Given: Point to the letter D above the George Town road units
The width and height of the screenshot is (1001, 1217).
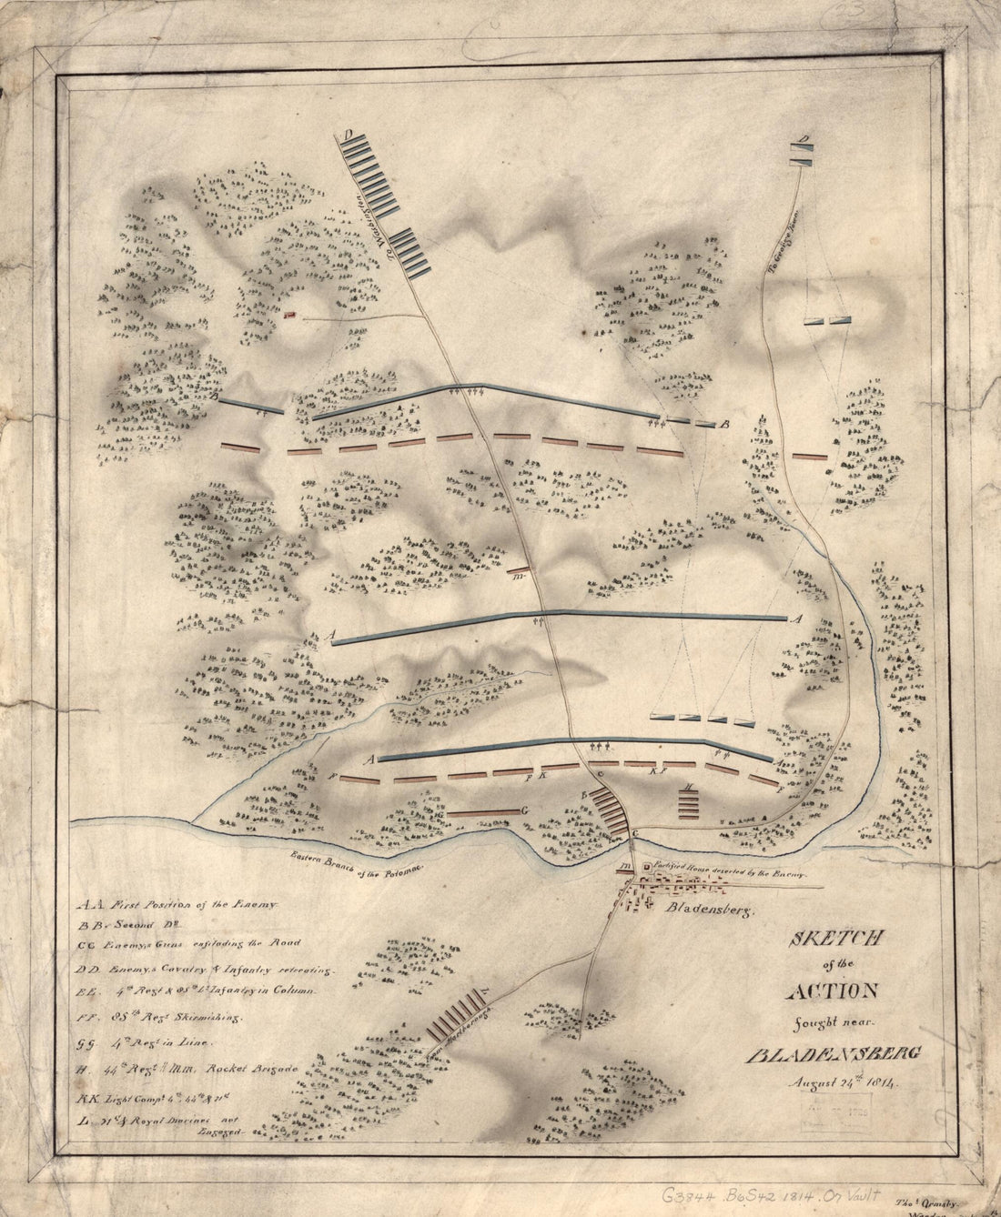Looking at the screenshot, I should (802, 140).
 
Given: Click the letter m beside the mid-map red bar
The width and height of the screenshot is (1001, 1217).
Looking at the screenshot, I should (517, 576).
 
